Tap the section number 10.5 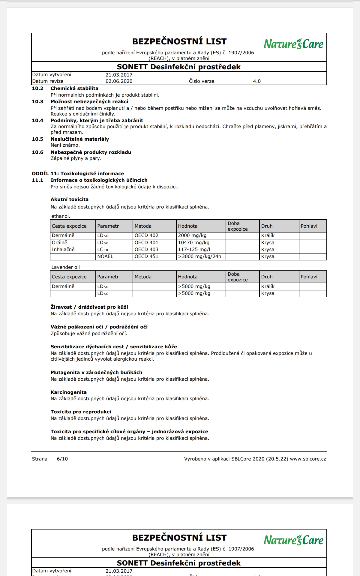pyautogui.click(x=37, y=139)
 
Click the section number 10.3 pyautogui.click(x=37, y=102)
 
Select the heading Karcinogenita pyautogui.click(x=68, y=392)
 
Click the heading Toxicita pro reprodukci pyautogui.click(x=81, y=412)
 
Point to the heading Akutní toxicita pyautogui.click(x=69, y=199)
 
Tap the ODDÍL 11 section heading pyautogui.click(x=78, y=174)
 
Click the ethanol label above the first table pyautogui.click(x=61, y=216)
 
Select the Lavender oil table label pyautogui.click(x=65, y=267)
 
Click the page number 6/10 pyautogui.click(x=62, y=459)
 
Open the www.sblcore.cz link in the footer pyautogui.click(x=308, y=459)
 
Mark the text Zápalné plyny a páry pyautogui.click(x=76, y=158)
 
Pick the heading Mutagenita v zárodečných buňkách pyautogui.click(x=96, y=372)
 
